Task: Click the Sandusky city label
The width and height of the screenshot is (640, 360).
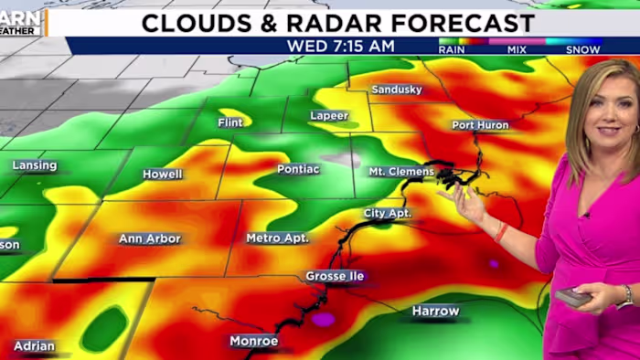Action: click(398, 90)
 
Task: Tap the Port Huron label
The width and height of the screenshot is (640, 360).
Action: click(480, 125)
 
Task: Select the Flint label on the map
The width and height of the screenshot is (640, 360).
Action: click(230, 122)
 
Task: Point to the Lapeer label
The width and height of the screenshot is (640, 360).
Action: click(330, 117)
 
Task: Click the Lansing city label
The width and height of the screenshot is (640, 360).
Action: click(35, 165)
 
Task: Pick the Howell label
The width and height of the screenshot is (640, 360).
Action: click(162, 174)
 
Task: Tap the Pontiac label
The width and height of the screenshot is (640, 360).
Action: click(299, 169)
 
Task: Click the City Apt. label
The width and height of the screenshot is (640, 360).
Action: click(388, 213)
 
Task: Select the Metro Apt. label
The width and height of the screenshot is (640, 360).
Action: click(277, 238)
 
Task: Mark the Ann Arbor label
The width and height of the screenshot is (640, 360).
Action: click(150, 238)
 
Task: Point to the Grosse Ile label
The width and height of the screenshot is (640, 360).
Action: click(335, 276)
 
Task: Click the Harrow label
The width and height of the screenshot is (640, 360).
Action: click(435, 311)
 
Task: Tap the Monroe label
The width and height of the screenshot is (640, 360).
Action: click(254, 341)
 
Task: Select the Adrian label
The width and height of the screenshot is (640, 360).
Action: click(34, 346)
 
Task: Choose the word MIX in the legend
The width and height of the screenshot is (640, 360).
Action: click(517, 49)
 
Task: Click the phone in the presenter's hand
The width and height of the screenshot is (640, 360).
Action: click(574, 297)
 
